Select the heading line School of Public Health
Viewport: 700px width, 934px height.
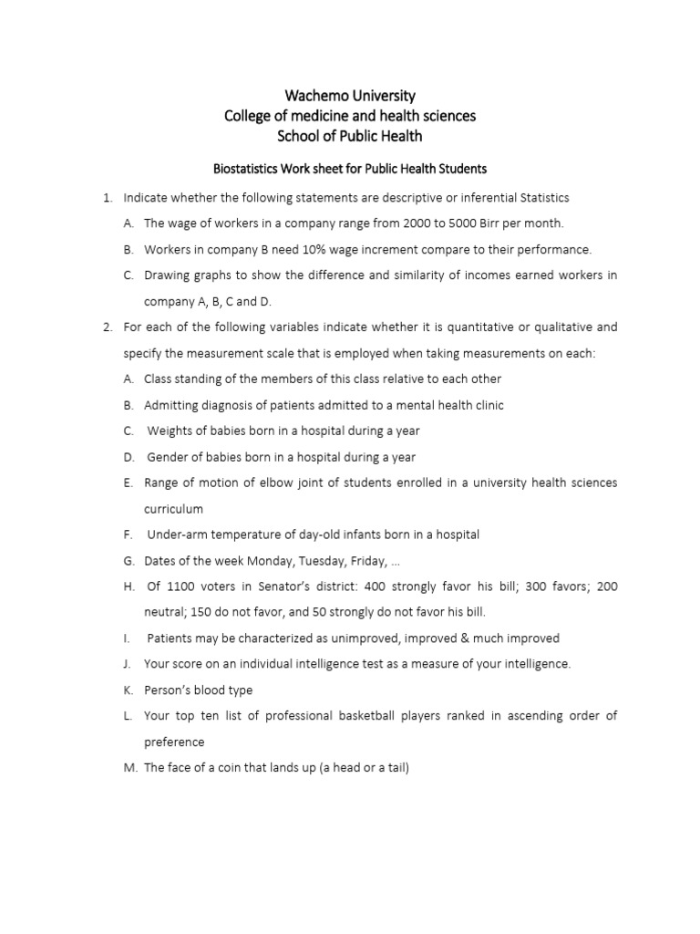pos(350,136)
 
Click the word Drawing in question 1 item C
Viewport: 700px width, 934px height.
pos(167,275)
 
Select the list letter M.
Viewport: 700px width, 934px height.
pos(129,768)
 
